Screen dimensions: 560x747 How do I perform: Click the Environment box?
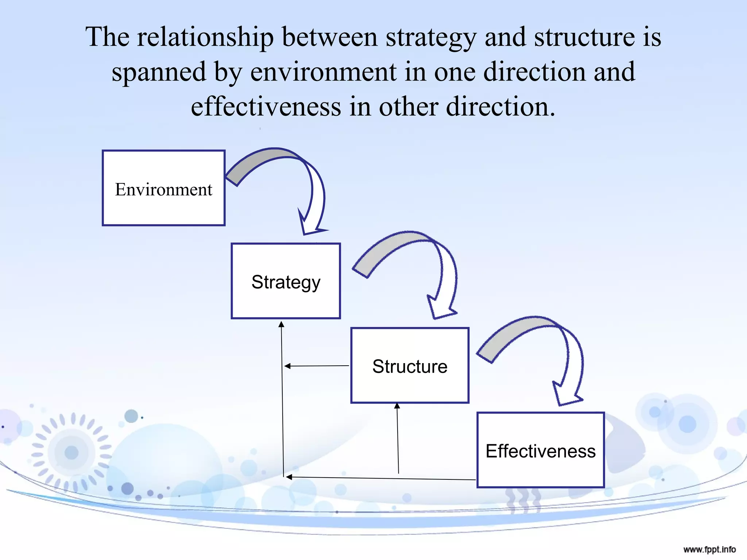(163, 188)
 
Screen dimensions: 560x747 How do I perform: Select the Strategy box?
(286, 281)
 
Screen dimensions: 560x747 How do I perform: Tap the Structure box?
(410, 366)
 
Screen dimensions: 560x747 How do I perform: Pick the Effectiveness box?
(541, 450)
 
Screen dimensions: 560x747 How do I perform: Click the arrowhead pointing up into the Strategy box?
(281, 324)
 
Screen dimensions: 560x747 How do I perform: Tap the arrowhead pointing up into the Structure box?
(397, 406)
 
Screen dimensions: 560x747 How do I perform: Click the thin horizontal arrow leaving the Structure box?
(317, 366)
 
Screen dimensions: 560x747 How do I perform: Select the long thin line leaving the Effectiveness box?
(381, 478)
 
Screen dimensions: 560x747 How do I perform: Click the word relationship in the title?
(205, 37)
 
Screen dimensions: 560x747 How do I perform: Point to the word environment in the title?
(323, 72)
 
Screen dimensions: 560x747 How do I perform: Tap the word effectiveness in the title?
(266, 107)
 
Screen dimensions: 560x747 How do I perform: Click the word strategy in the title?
(431, 37)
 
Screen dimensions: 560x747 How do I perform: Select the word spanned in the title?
(159, 72)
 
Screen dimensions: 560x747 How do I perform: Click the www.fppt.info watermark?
(709, 549)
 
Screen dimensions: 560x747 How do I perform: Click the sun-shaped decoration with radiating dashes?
(72, 452)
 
